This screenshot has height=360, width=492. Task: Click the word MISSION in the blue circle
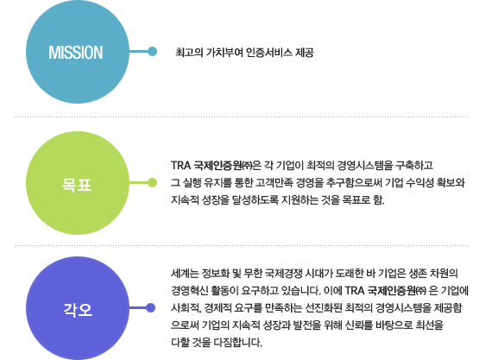[76, 53]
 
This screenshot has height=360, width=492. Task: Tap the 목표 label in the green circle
[77, 185]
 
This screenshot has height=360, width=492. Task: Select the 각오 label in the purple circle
[78, 310]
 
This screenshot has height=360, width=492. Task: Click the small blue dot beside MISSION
[153, 51]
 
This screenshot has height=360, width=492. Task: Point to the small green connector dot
[153, 182]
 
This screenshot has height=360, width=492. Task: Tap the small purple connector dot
[150, 308]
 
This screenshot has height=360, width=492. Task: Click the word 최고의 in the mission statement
[189, 52]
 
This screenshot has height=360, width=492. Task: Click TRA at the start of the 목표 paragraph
[180, 165]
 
